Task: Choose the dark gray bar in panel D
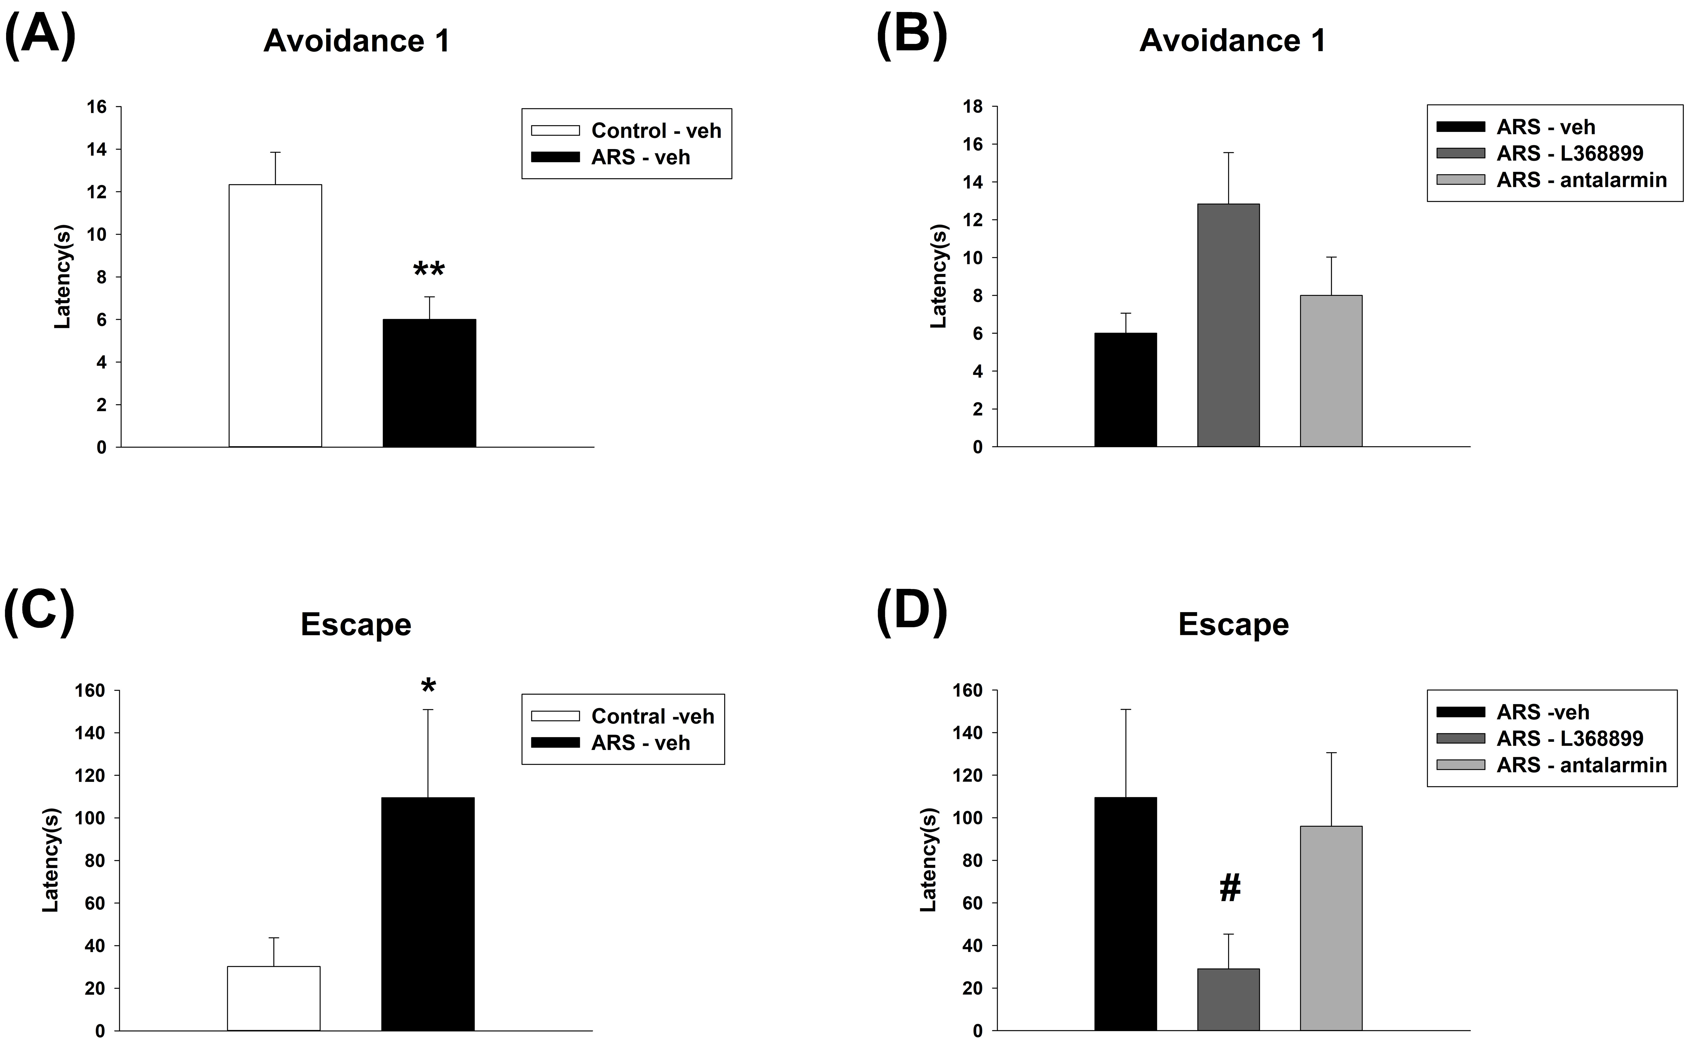click(x=1228, y=999)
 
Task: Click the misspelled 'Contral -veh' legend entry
click(x=652, y=717)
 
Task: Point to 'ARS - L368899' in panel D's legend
click(x=1569, y=739)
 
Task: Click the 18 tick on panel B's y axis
click(x=973, y=107)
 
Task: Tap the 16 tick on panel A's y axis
click(x=96, y=107)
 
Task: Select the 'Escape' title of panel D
click(x=1233, y=624)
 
